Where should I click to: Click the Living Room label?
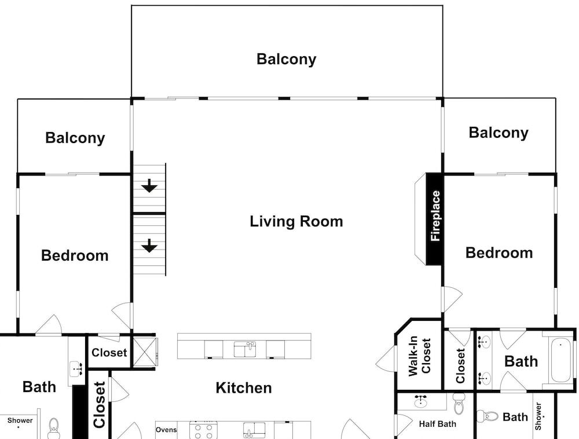click(x=296, y=222)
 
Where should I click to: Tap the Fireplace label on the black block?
click(x=435, y=216)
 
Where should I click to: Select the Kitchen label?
click(x=244, y=388)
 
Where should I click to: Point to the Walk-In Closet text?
click(x=419, y=356)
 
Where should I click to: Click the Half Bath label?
click(x=438, y=424)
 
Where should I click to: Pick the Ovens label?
click(x=166, y=430)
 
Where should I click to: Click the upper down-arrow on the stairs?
click(x=149, y=185)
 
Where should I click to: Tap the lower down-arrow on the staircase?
click(x=149, y=246)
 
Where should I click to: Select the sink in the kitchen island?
click(x=245, y=349)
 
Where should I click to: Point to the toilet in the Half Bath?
click(x=459, y=403)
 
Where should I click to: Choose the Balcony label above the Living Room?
click(x=286, y=60)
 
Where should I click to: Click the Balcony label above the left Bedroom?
click(x=75, y=138)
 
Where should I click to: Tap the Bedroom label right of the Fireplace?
click(x=499, y=253)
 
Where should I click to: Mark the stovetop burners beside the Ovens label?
click(x=203, y=430)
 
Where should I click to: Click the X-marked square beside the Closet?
click(x=144, y=352)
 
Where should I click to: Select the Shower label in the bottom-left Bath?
click(x=20, y=420)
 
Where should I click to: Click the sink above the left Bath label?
click(x=76, y=368)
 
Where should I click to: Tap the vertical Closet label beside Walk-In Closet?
click(x=460, y=365)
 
